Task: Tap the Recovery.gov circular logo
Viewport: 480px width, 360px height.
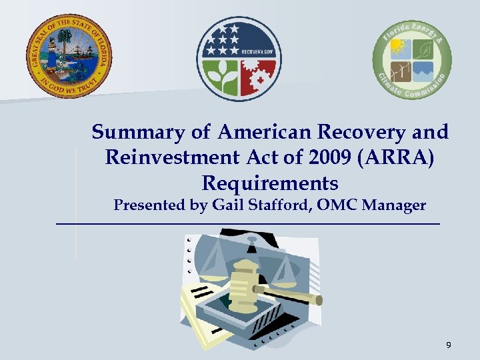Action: pyautogui.click(x=239, y=58)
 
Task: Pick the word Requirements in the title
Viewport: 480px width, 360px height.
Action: pyautogui.click(x=269, y=183)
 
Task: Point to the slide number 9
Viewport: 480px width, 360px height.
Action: pyautogui.click(x=449, y=345)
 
